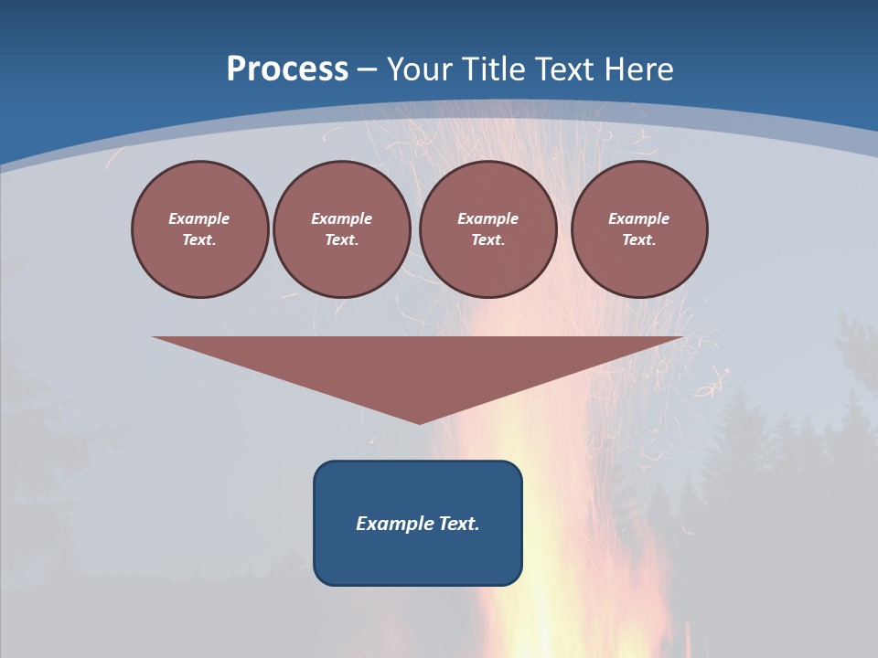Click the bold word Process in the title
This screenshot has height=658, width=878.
287,69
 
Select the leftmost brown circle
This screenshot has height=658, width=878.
199,229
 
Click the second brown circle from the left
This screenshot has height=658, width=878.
341,229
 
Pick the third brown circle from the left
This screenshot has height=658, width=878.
487,229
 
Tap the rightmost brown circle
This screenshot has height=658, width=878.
639,229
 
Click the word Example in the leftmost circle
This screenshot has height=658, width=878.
199,218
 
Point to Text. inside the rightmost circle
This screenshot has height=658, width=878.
639,240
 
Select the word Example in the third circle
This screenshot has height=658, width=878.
487,218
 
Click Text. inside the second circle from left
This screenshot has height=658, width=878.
341,240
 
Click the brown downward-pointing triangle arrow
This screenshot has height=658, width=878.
418,366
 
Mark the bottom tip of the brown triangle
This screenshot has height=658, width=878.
419,421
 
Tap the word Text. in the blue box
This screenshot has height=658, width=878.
459,524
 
